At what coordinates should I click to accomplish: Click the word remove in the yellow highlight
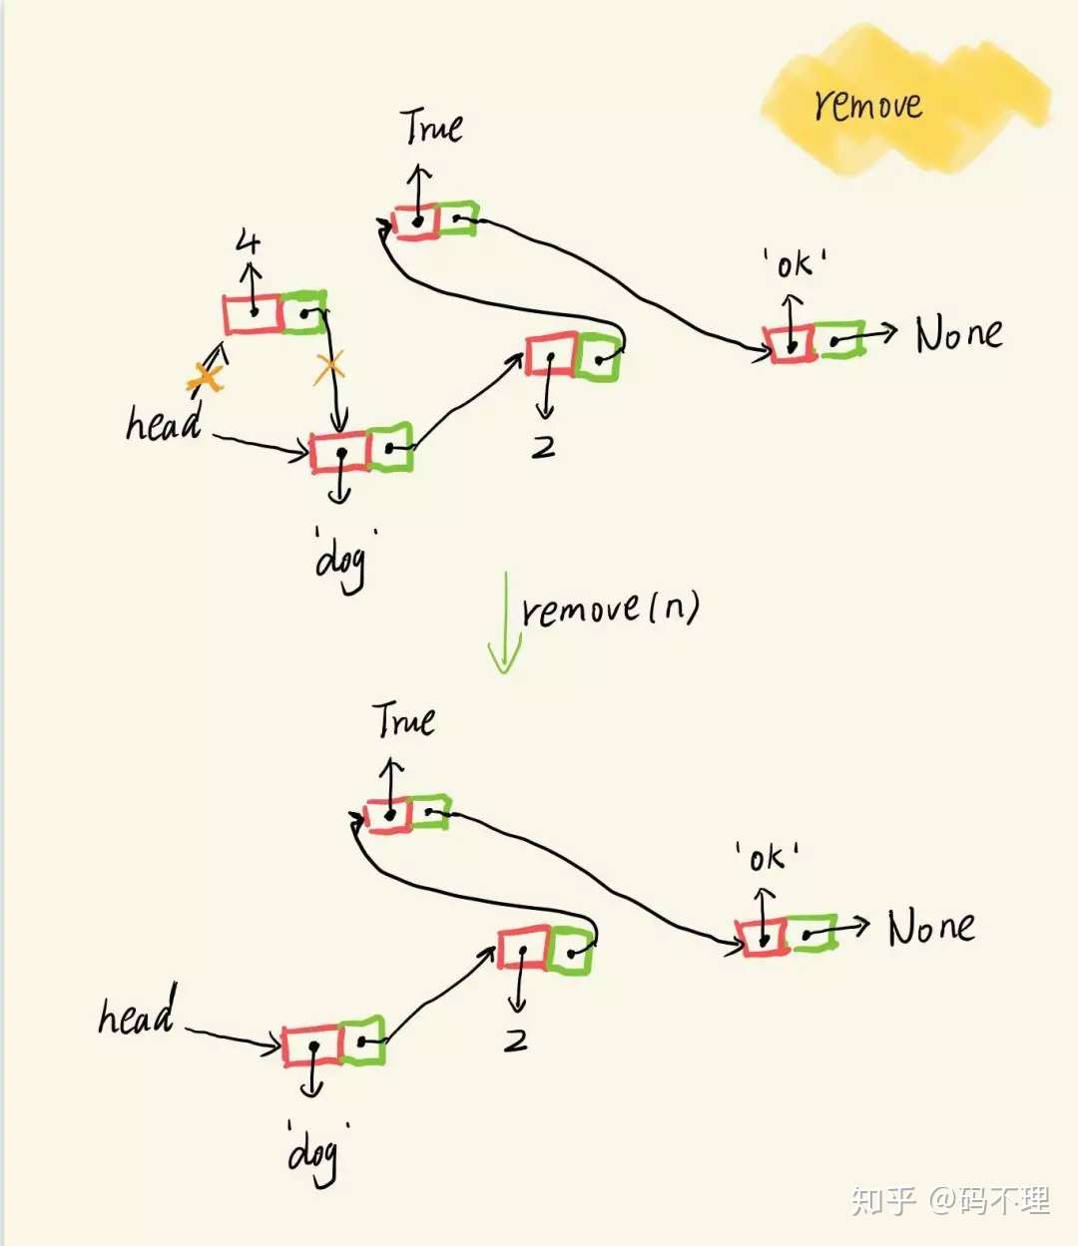(x=867, y=104)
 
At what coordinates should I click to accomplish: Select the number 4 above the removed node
(x=249, y=242)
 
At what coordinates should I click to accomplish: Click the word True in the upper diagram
(x=431, y=127)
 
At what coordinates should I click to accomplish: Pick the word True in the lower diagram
(x=404, y=719)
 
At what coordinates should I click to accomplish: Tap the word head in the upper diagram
(x=164, y=423)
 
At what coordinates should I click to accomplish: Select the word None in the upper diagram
(x=958, y=334)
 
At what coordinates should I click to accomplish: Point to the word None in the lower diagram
(x=931, y=927)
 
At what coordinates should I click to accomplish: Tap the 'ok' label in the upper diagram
(x=794, y=264)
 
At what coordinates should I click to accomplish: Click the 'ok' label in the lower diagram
(x=767, y=856)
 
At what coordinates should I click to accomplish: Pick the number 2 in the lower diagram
(x=516, y=1040)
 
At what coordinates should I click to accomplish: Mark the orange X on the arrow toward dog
(x=328, y=367)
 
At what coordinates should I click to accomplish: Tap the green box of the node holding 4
(x=303, y=312)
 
